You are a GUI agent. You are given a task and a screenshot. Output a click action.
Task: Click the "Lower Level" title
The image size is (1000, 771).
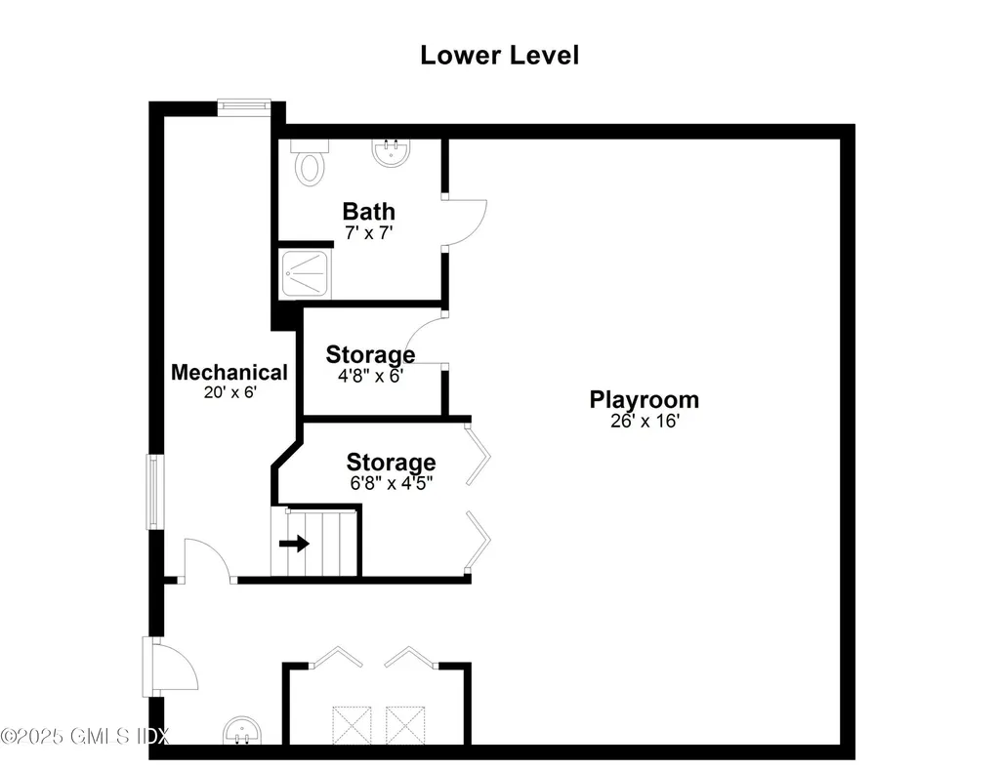499,56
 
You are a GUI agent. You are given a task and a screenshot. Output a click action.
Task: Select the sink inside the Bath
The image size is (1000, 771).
390,152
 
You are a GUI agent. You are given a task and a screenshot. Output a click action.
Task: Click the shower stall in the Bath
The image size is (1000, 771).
306,272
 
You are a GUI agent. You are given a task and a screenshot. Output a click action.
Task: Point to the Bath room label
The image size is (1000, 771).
368,211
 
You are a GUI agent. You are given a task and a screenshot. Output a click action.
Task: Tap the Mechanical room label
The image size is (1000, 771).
229,372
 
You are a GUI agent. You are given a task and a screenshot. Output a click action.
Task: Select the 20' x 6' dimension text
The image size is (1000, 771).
229,392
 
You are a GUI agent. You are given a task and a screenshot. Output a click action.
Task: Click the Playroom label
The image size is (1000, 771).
644,399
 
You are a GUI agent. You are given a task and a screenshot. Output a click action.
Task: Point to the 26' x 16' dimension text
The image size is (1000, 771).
644,422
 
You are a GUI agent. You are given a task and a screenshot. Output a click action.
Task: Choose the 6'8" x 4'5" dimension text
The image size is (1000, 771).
391,482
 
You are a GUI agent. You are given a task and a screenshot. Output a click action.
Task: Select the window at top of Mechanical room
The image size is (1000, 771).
243,106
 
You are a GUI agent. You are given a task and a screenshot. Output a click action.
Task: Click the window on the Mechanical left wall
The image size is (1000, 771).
154,492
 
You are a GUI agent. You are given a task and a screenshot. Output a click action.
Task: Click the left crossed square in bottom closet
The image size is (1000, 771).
349,725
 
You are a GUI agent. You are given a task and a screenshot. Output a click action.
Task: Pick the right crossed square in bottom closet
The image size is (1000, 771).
402,725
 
